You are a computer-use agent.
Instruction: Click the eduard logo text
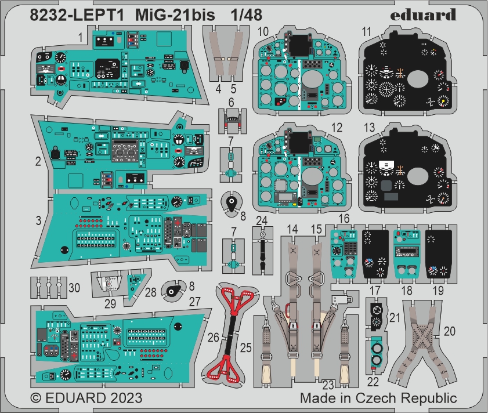[x=423, y=15]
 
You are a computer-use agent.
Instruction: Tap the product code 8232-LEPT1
[x=77, y=15]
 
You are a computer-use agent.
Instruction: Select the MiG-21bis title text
[x=175, y=15]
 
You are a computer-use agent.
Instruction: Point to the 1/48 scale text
[x=247, y=15]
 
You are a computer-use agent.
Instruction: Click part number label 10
[x=263, y=31]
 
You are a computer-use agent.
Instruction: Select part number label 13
[x=370, y=127]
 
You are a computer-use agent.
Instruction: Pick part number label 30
[x=74, y=288]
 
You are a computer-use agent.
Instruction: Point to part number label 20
[x=449, y=331]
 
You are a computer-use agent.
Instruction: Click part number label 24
[x=262, y=220]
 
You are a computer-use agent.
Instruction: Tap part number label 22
[x=373, y=382]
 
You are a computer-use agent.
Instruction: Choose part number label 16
[x=344, y=219]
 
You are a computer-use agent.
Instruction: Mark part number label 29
[x=110, y=303]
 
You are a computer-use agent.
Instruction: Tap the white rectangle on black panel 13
[x=386, y=164]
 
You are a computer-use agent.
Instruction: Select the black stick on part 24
[x=262, y=253]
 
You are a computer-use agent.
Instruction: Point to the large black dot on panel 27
[x=178, y=326]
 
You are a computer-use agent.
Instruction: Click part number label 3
[x=38, y=220]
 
